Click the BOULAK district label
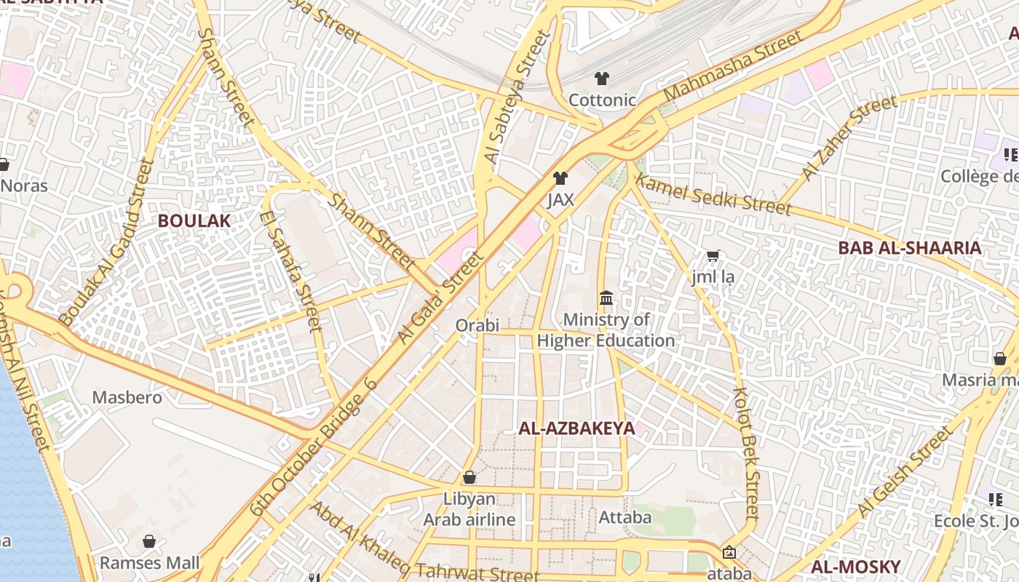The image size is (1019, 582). (194, 221)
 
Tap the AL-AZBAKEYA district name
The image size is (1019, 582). (576, 428)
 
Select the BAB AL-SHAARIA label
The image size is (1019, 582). (909, 248)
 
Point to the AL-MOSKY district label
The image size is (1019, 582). (855, 567)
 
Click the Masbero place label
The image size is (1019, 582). (127, 398)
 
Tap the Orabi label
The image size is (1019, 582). (477, 325)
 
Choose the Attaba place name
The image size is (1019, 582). (625, 518)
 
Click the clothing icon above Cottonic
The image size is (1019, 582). (602, 79)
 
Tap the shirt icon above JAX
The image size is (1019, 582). (560, 178)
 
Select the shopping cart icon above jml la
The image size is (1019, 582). (713, 256)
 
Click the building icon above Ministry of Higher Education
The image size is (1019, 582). (606, 298)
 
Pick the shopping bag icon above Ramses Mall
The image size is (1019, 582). (149, 542)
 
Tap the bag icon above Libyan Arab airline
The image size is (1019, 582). (469, 478)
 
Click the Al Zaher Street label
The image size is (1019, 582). (849, 138)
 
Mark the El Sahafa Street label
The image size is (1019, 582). (290, 271)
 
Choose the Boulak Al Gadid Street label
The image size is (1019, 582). (106, 242)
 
